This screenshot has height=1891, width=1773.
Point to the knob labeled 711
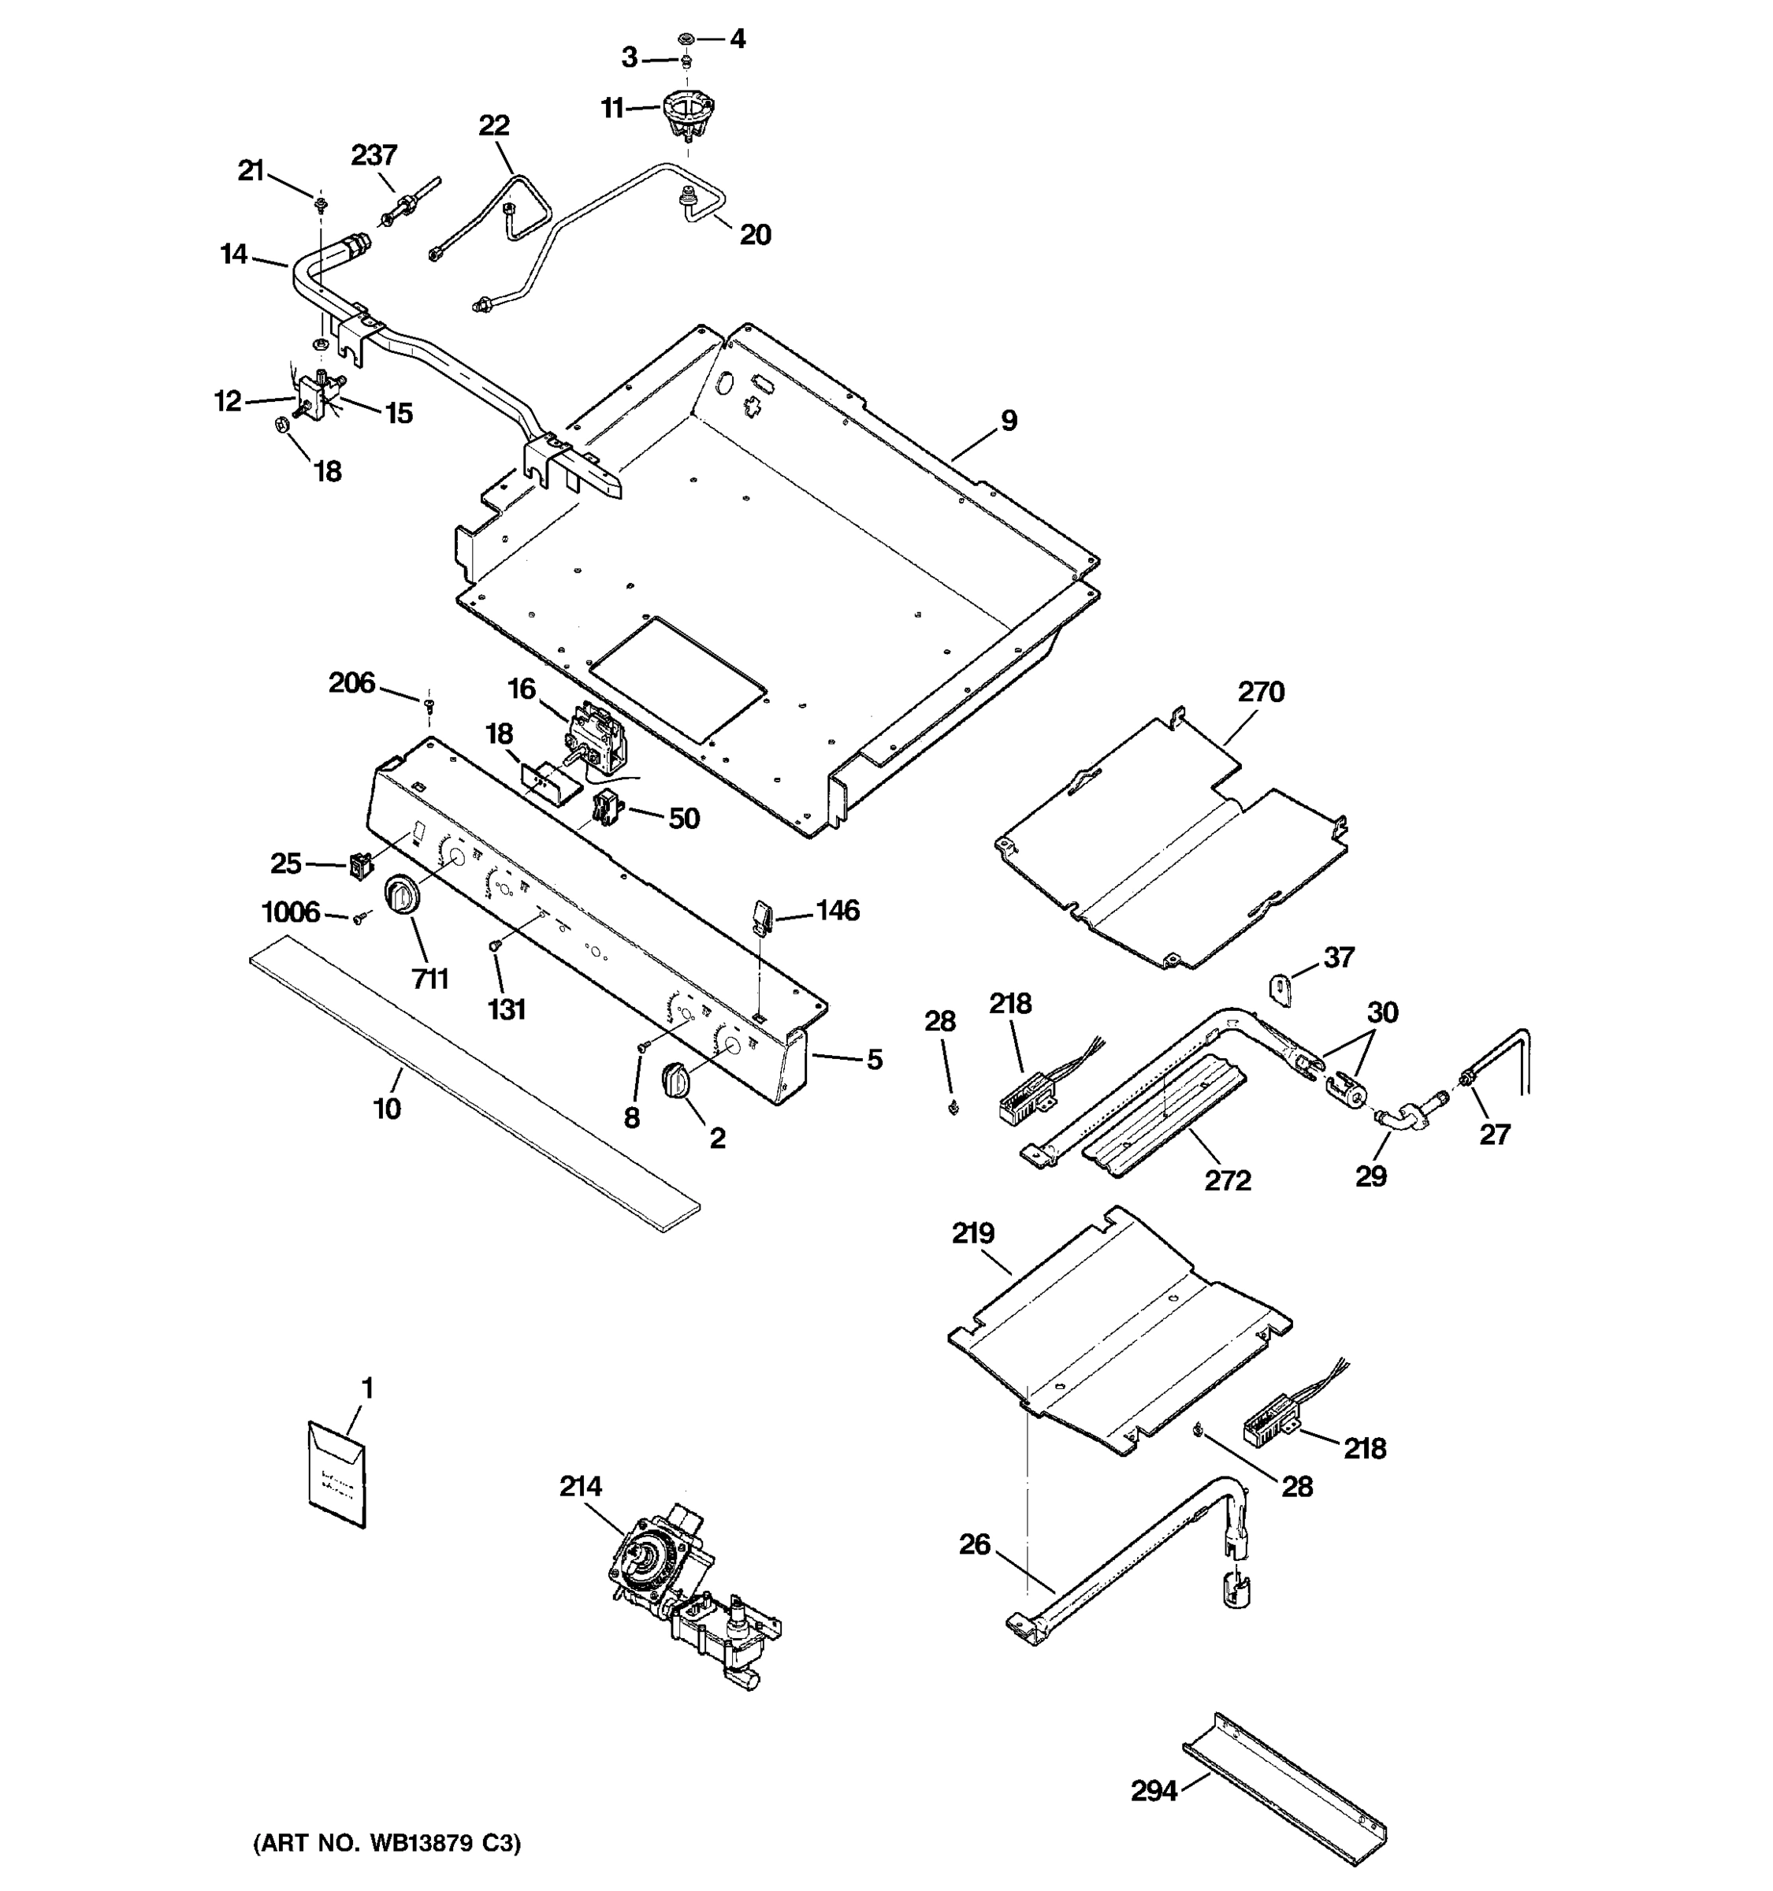point(401,897)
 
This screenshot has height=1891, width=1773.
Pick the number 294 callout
point(1154,1791)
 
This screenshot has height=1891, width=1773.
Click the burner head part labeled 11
point(688,111)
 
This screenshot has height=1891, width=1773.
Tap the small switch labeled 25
point(359,866)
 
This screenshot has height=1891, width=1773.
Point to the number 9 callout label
point(1009,421)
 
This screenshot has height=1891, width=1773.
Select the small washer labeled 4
point(685,39)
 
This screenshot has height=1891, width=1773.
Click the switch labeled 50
point(605,808)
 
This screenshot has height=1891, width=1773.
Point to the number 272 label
point(1227,1180)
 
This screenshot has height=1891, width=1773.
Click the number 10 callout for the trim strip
point(387,1108)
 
